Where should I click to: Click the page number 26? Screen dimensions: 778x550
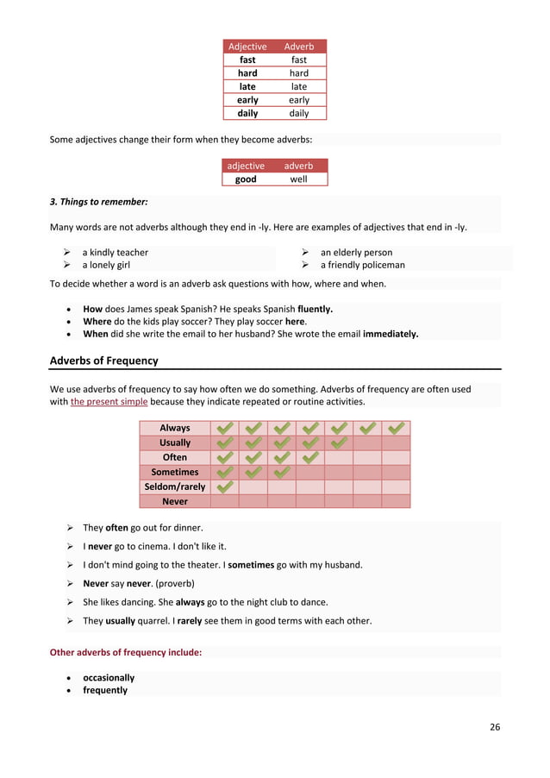pyautogui.click(x=495, y=727)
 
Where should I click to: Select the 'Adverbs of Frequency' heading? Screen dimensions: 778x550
pyautogui.click(x=103, y=360)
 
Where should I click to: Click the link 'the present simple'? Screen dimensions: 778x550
pyautogui.click(x=109, y=402)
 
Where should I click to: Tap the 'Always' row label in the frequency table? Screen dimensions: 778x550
pyautogui.click(x=175, y=428)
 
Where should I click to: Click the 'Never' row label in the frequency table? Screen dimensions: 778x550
pyautogui.click(x=175, y=501)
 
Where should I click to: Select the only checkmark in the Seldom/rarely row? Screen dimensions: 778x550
pyautogui.click(x=224, y=486)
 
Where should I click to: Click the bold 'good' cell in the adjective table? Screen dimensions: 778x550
pyautogui.click(x=246, y=179)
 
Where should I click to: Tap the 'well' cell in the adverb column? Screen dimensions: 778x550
pyautogui.click(x=298, y=179)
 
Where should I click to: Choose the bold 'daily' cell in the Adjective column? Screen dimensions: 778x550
pyautogui.click(x=247, y=113)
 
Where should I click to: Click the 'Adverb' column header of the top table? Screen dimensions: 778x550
pyautogui.click(x=299, y=47)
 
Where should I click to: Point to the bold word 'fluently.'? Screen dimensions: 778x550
pyautogui.click(x=316, y=308)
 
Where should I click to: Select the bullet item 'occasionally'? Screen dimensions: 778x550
pyautogui.click(x=109, y=678)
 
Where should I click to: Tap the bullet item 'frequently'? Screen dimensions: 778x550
pyautogui.click(x=105, y=690)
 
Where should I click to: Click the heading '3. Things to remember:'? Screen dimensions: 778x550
pyautogui.click(x=98, y=202)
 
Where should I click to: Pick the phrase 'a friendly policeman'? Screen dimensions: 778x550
pyautogui.click(x=362, y=265)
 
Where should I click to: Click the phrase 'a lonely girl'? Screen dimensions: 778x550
pyautogui.click(x=106, y=265)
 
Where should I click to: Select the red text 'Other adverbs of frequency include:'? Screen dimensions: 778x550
pyautogui.click(x=126, y=653)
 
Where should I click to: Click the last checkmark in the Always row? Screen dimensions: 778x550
pyautogui.click(x=396, y=428)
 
